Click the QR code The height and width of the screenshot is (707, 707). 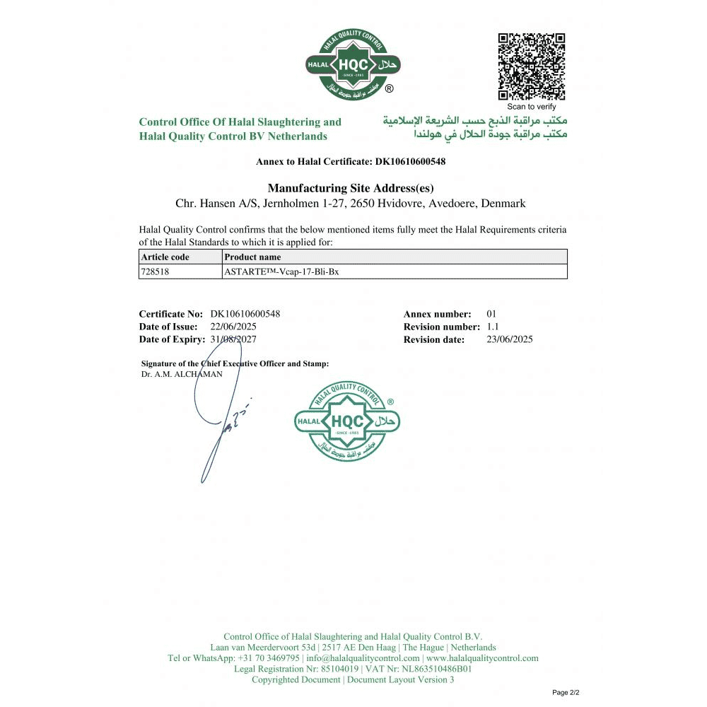pos(532,66)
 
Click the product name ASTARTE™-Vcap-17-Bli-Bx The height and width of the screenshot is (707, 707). pos(281,271)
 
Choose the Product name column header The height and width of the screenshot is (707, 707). pos(252,257)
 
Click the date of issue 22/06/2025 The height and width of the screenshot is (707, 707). pos(233,327)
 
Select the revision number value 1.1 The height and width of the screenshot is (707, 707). pos(493,327)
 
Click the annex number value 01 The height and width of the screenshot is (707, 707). pos(493,314)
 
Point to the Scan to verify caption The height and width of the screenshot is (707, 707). pos(532,107)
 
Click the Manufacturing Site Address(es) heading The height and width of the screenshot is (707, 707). pos(351,188)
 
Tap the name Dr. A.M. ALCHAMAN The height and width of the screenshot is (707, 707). pos(182,374)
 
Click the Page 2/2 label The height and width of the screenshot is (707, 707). pos(566,693)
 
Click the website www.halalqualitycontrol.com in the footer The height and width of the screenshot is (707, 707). pos(482,658)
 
